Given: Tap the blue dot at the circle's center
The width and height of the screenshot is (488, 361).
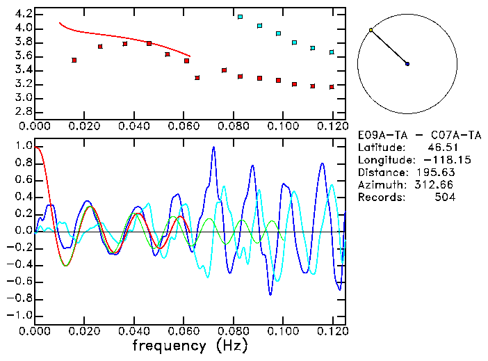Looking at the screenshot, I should (407, 64).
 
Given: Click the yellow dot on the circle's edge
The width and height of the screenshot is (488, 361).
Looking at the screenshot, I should (371, 30).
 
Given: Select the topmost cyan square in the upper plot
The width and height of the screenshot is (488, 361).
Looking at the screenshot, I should (240, 17).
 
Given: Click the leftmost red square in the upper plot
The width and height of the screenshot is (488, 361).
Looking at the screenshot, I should (74, 61).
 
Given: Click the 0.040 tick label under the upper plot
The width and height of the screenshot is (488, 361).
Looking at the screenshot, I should (134, 127).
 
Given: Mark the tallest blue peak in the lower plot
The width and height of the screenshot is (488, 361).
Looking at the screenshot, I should (213, 147).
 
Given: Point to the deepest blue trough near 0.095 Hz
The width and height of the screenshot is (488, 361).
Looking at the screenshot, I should (270, 294).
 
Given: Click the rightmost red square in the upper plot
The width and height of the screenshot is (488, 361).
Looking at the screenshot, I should (332, 87).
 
